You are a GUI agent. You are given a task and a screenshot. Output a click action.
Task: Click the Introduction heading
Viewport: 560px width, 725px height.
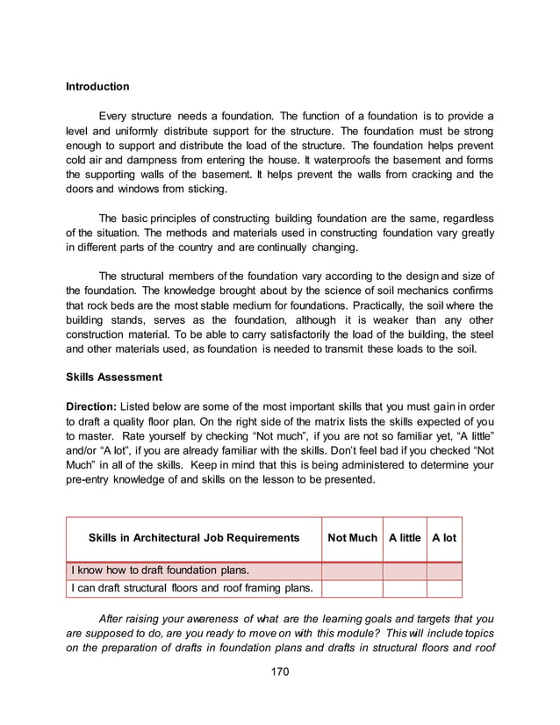[x=97, y=87]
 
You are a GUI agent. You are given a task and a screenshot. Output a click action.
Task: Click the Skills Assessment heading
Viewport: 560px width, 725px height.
[x=113, y=378]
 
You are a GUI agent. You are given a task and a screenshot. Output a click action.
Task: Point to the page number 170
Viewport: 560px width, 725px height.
[x=279, y=672]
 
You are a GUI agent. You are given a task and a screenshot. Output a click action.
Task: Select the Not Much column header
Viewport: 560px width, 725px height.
[x=352, y=538]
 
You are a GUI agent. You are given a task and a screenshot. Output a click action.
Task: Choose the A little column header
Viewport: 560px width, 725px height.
[x=405, y=538]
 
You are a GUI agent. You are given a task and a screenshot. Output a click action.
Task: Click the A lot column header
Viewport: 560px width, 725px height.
[x=444, y=538]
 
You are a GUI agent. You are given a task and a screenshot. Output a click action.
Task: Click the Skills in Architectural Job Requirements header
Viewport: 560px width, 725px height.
[x=194, y=538]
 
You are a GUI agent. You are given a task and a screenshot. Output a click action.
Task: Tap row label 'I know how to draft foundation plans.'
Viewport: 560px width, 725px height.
[x=154, y=571]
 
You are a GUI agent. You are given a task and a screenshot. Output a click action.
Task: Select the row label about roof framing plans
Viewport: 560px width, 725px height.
[x=193, y=588]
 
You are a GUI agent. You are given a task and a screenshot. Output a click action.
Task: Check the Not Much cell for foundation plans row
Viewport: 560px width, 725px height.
[x=352, y=571]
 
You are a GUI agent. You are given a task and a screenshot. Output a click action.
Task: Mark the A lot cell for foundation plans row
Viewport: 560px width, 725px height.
[x=444, y=571]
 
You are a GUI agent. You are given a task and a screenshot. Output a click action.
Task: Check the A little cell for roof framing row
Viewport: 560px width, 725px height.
[x=405, y=588]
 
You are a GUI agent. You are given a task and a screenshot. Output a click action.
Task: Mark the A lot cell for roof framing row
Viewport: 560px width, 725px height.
[x=444, y=588]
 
